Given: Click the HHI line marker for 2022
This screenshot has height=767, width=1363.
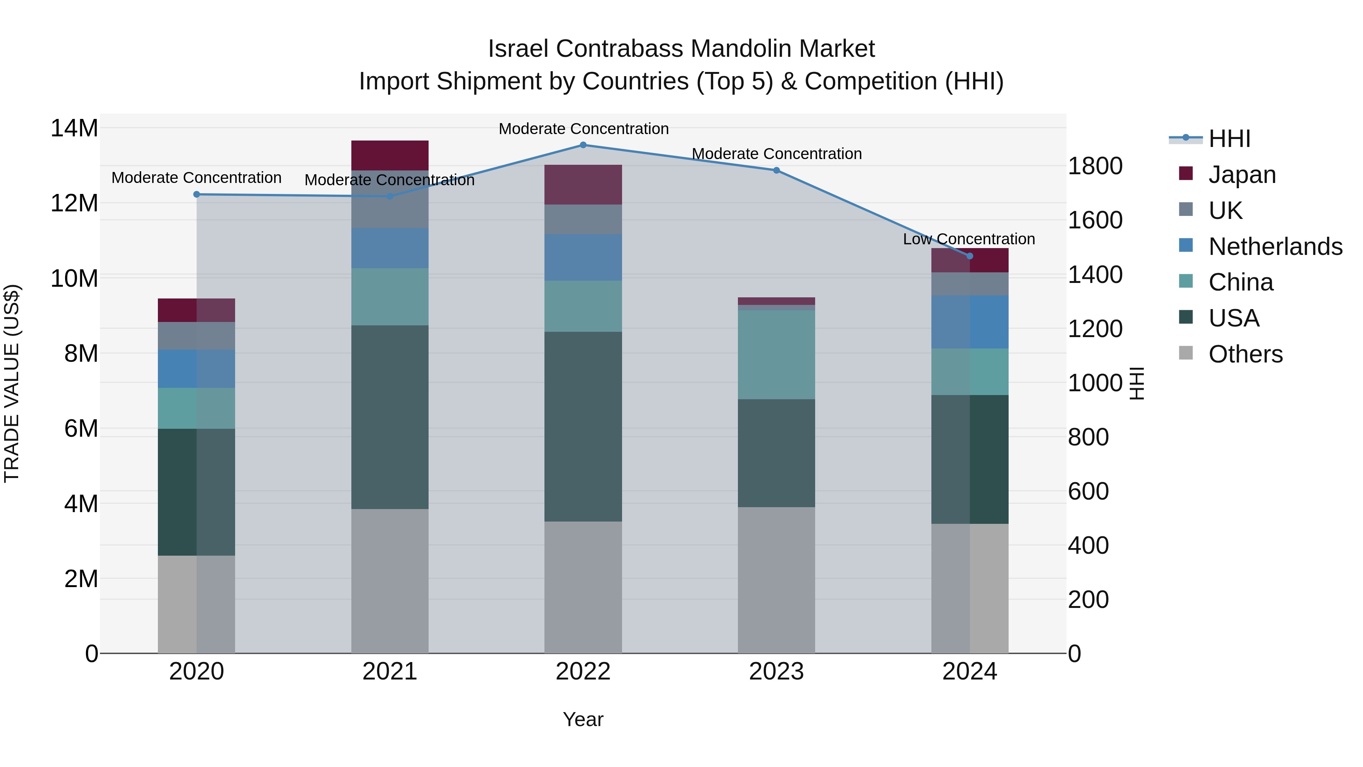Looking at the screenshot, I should coord(583,145).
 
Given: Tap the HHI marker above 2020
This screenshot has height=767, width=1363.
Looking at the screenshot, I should coord(196,194).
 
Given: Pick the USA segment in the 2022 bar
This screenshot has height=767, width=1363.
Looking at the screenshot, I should coord(583,426).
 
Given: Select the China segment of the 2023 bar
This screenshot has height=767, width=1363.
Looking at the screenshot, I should coord(776,354).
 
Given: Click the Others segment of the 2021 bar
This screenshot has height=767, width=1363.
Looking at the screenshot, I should coord(390,581).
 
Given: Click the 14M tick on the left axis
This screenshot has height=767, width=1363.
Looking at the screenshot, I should coord(74,129).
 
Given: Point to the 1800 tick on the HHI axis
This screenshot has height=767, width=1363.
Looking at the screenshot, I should coord(1095,166).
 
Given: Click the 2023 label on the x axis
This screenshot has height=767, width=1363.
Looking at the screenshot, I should coord(776,672).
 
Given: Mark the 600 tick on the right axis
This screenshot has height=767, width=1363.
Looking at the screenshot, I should coord(1088,491).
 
